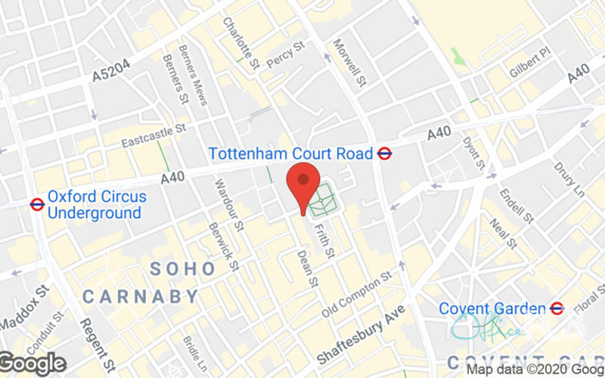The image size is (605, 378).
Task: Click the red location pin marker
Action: (x=303, y=181)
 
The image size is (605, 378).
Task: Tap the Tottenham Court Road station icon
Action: (x=385, y=153)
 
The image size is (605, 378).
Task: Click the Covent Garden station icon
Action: (x=557, y=308)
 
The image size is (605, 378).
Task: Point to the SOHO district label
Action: (x=178, y=268)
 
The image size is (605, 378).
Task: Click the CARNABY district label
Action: (x=141, y=296)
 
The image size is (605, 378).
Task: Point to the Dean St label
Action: (x=306, y=268)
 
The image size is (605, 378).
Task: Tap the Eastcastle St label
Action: (x=154, y=137)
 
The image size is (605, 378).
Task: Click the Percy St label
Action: (x=285, y=55)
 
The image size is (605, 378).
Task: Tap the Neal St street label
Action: (x=502, y=232)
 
